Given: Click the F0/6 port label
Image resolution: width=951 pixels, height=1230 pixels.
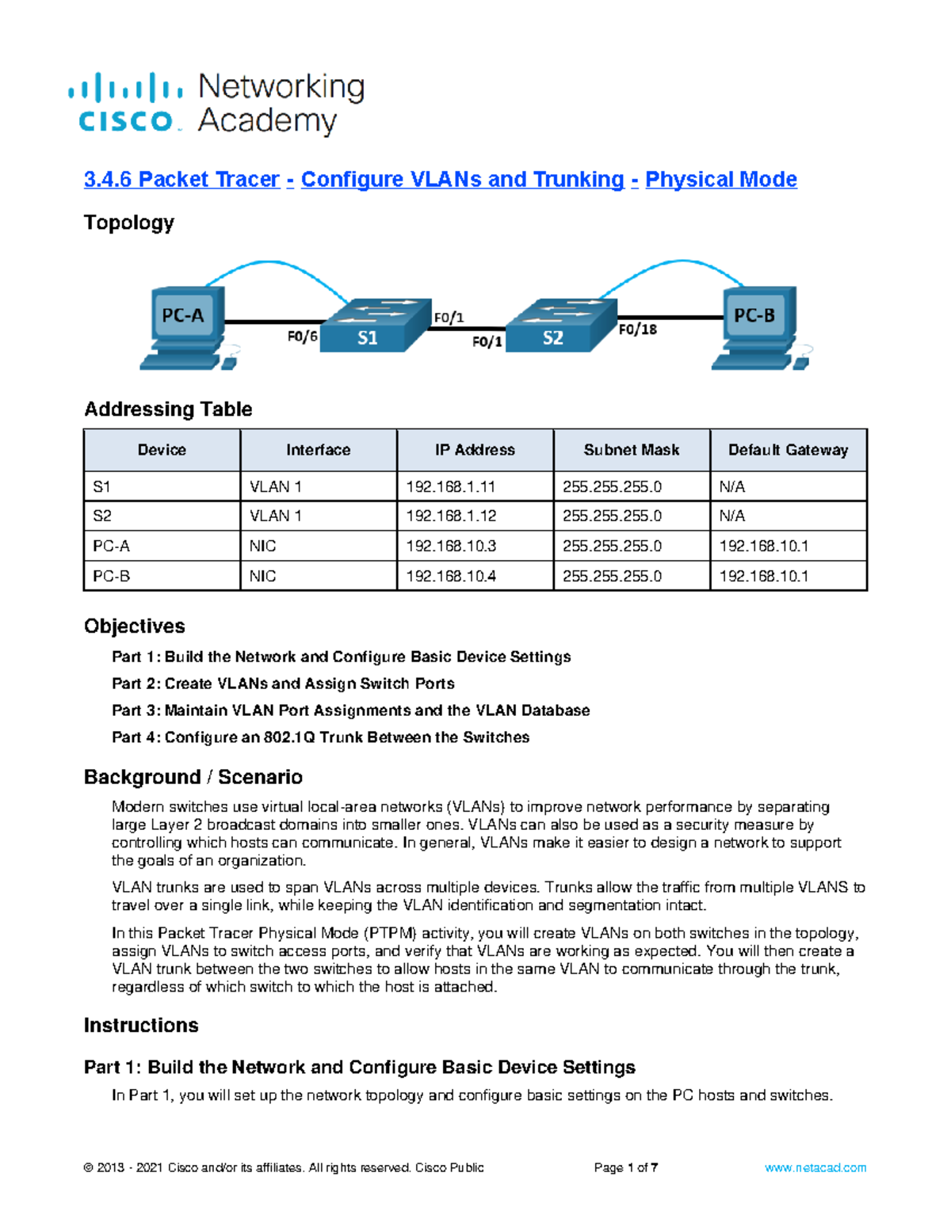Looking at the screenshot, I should (x=302, y=337).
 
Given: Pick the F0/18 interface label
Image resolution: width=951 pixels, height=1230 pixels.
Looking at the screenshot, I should (x=637, y=329).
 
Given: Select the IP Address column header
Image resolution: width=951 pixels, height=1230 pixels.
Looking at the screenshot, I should (x=475, y=450).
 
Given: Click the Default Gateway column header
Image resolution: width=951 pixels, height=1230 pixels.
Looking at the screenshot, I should (x=788, y=450).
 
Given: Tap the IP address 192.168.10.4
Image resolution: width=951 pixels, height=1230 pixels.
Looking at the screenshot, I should (x=451, y=576).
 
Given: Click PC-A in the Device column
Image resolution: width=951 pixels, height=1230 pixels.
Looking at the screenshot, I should (x=111, y=546).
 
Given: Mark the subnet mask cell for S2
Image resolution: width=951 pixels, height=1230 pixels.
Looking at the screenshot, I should (x=612, y=516).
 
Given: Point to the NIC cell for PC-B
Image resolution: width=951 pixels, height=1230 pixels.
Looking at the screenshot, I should (x=262, y=576).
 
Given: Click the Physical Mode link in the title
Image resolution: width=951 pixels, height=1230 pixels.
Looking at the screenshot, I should (x=720, y=180).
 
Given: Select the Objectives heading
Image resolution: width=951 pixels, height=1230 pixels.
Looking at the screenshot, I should (x=135, y=626).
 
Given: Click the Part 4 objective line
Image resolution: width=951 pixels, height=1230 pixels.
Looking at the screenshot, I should (x=320, y=737).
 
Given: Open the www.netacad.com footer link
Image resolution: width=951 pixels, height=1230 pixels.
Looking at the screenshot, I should (x=815, y=1167).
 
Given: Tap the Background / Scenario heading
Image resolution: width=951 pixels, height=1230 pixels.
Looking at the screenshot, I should (x=193, y=777).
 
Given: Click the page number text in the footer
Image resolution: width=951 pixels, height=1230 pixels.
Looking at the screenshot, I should (x=625, y=1167).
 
